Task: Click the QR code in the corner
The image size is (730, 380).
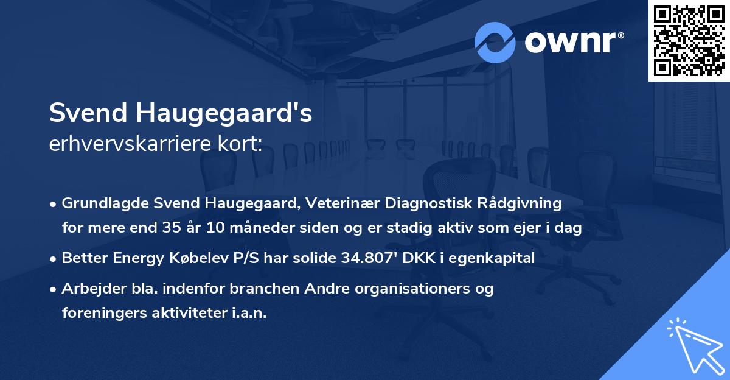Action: (x=689, y=40)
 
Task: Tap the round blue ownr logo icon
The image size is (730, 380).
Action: (x=495, y=42)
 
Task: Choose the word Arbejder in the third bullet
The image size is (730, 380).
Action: (x=89, y=288)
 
